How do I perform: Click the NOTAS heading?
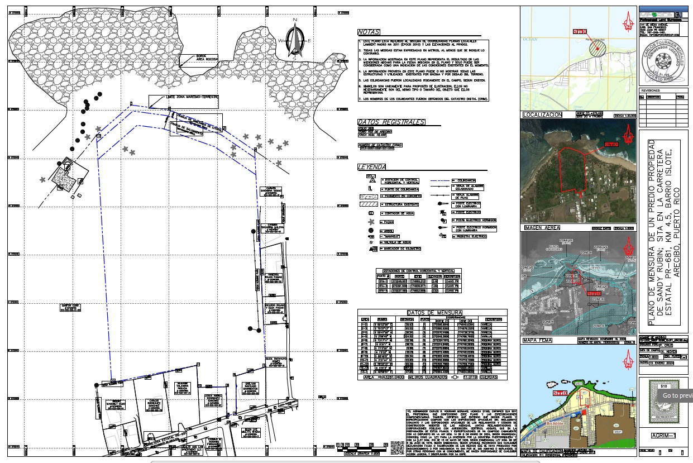point(369,32)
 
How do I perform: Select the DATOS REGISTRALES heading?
point(391,122)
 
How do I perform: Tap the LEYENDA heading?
point(371,167)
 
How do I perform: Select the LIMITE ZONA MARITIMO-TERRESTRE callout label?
point(184,97)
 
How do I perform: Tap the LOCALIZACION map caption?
point(542,115)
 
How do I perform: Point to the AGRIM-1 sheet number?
point(663,436)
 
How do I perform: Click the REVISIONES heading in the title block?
point(651,89)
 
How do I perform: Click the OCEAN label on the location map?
point(530,39)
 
